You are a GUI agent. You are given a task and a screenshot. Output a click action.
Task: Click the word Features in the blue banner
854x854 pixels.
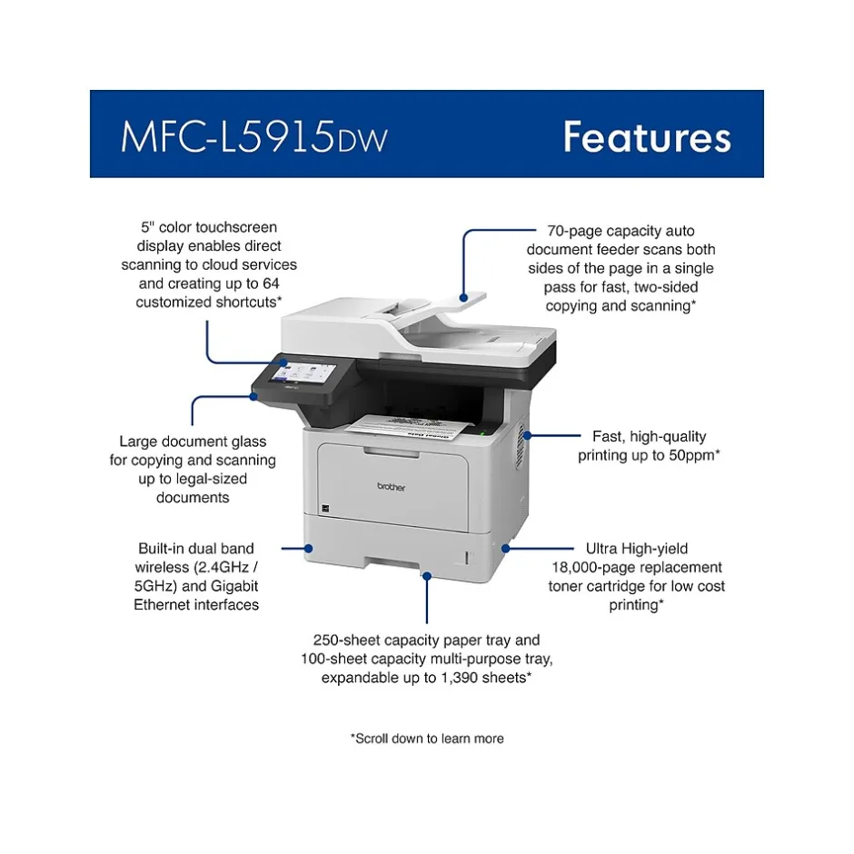pyautogui.click(x=647, y=136)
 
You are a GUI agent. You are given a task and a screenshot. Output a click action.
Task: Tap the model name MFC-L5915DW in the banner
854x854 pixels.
pyautogui.click(x=253, y=136)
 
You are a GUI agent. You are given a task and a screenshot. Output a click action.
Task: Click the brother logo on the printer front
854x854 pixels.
pyautogui.click(x=391, y=486)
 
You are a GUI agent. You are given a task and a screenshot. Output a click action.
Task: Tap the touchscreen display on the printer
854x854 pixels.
pyautogui.click(x=303, y=372)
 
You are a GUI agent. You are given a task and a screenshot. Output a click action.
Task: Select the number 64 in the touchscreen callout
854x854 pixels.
pyautogui.click(x=271, y=283)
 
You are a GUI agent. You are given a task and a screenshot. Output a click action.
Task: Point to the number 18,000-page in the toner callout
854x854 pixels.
pyautogui.click(x=596, y=568)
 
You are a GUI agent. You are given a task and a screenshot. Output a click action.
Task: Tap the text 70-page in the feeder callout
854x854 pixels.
pyautogui.click(x=571, y=231)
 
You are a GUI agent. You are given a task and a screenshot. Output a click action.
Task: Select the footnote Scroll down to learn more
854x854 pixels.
pyautogui.click(x=427, y=739)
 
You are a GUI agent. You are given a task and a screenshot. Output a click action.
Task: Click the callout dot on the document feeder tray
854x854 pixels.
pyautogui.click(x=463, y=297)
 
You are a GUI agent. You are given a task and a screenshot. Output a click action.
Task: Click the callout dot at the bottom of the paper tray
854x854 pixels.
pyautogui.click(x=427, y=576)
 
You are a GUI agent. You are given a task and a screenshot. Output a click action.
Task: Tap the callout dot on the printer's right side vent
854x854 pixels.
pyautogui.click(x=527, y=436)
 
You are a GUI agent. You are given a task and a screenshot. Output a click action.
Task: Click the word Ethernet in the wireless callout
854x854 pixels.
pyautogui.click(x=163, y=605)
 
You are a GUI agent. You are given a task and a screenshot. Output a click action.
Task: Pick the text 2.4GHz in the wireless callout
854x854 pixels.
pyautogui.click(x=223, y=568)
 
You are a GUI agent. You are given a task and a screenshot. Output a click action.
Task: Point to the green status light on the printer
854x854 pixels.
pyautogui.click(x=482, y=434)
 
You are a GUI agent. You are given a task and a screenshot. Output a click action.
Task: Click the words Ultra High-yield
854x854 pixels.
pyautogui.click(x=637, y=549)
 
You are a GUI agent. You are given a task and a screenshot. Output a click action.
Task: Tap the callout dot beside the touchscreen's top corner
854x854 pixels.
pyautogui.click(x=283, y=362)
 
